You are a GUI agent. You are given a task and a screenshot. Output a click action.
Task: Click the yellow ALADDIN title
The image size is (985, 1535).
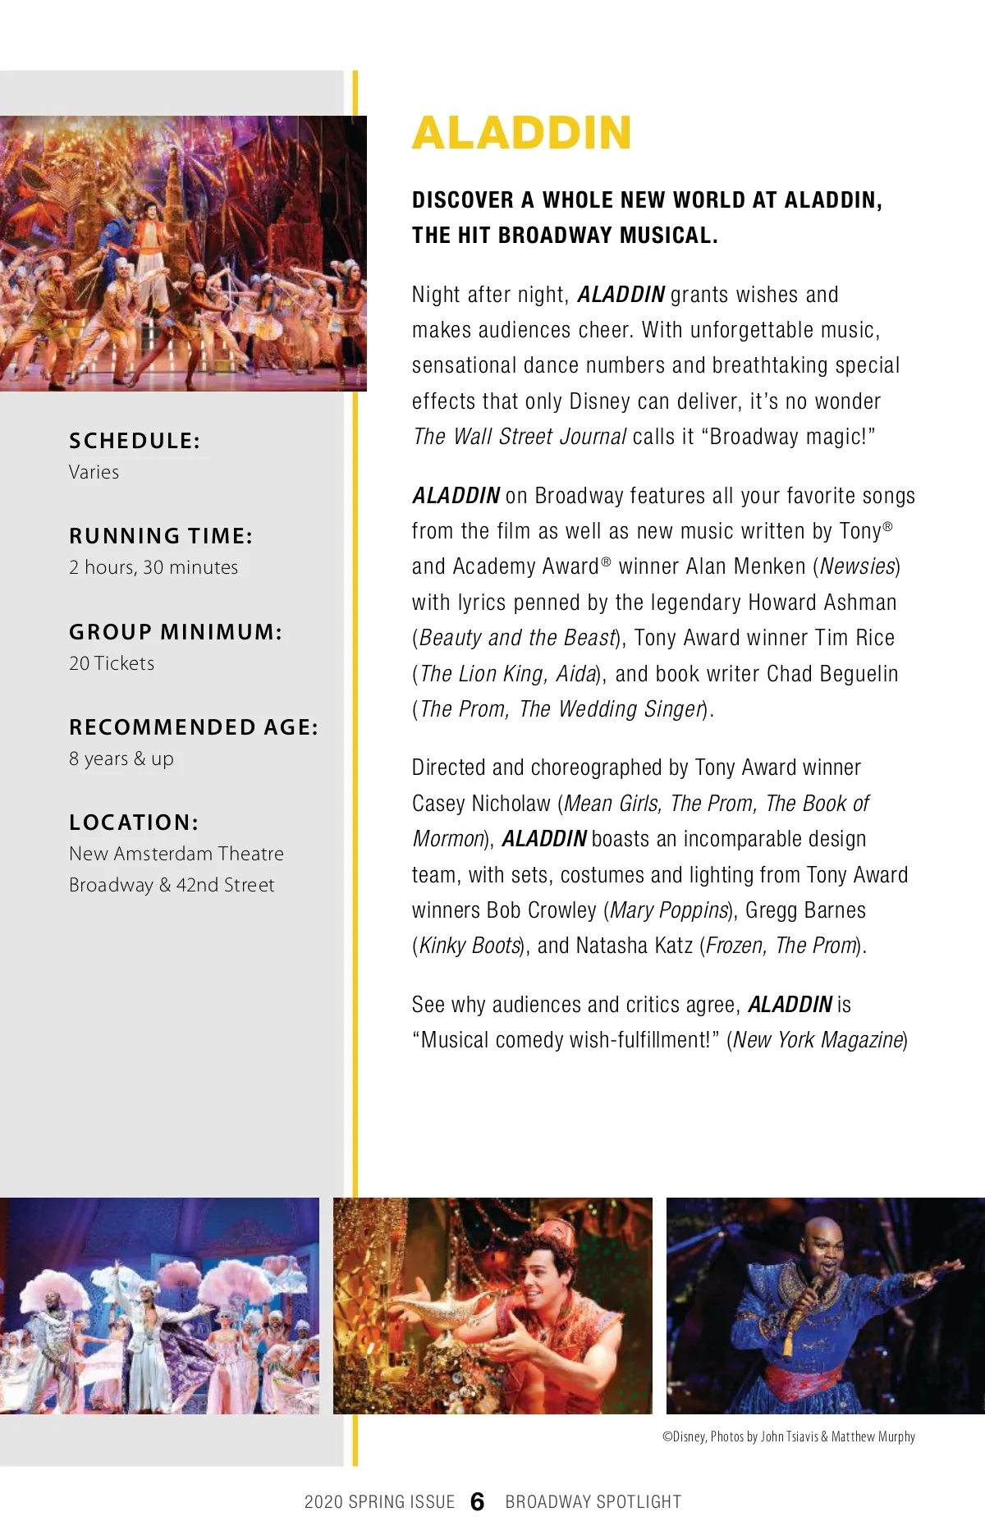pyautogui.click(x=522, y=133)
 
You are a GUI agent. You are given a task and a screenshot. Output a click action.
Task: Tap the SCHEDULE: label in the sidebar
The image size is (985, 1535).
pyautogui.click(x=135, y=441)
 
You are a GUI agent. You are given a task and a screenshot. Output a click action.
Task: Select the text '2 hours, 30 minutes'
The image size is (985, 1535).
pyautogui.click(x=153, y=567)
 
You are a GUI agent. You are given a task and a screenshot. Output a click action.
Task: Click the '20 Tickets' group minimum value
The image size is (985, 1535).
pyautogui.click(x=112, y=663)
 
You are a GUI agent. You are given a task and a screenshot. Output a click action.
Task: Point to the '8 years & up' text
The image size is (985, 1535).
pyautogui.click(x=121, y=758)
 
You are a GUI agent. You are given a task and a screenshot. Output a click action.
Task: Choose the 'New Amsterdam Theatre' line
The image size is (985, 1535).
pyautogui.click(x=176, y=854)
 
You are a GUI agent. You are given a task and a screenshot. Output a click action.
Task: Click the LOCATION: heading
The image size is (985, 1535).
pyautogui.click(x=134, y=822)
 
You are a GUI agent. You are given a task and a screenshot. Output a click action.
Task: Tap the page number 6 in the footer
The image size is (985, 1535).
pyautogui.click(x=478, y=1501)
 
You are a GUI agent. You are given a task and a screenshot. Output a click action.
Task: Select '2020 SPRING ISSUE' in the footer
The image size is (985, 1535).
pyautogui.click(x=379, y=1502)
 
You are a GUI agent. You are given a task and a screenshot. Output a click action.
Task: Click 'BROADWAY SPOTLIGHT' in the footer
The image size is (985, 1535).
pyautogui.click(x=593, y=1502)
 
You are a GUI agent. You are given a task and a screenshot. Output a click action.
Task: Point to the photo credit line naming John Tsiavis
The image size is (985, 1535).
pyautogui.click(x=789, y=1436)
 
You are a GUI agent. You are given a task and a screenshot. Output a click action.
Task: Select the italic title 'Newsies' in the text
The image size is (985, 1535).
pyautogui.click(x=859, y=566)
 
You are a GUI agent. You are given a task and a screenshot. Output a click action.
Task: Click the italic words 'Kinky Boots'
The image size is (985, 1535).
pyautogui.click(x=470, y=946)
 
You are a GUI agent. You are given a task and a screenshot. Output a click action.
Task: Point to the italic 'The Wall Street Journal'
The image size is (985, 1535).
pyautogui.click(x=520, y=437)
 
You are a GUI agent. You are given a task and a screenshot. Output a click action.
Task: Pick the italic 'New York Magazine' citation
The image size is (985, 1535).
pyautogui.click(x=818, y=1040)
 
